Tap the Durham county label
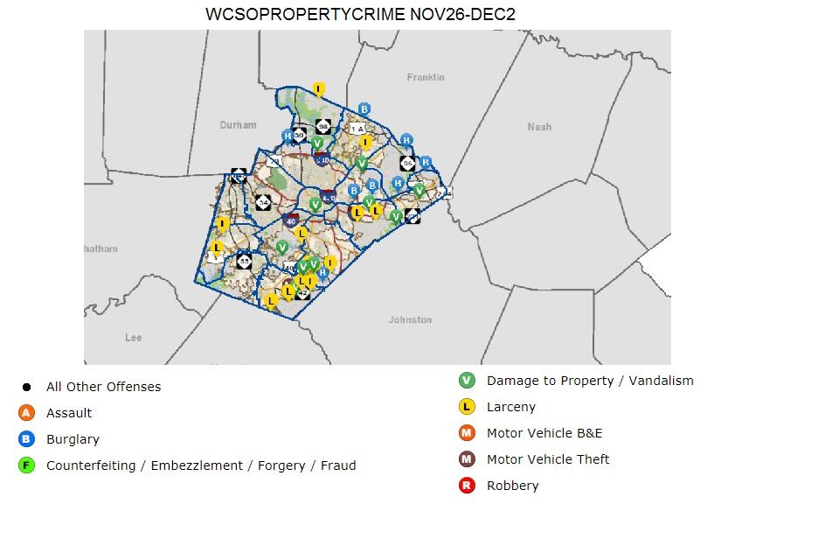click(238, 125)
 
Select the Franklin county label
click(426, 78)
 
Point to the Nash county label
click(539, 127)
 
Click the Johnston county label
click(410, 320)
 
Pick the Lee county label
click(134, 338)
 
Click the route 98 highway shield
click(323, 127)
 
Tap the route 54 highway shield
click(263, 202)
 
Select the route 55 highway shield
click(244, 262)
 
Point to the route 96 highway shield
click(407, 164)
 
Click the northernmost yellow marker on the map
click(319, 89)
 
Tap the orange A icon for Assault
click(26, 413)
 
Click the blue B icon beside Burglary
click(26, 439)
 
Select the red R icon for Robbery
click(467, 486)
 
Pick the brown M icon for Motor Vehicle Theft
click(467, 459)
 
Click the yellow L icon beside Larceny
click(467, 407)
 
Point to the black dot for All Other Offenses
click(26, 387)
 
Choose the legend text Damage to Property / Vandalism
click(590, 381)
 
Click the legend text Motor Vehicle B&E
click(544, 433)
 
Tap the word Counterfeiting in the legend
click(94, 465)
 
